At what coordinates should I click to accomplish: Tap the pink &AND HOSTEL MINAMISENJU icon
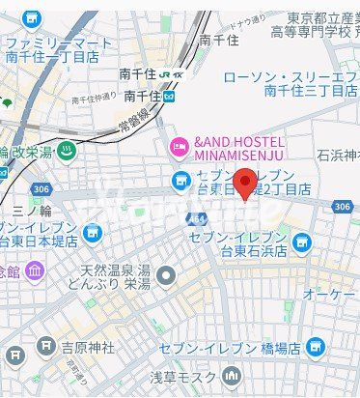(179, 147)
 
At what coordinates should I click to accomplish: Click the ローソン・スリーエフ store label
(290, 76)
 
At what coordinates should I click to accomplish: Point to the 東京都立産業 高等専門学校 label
(321, 25)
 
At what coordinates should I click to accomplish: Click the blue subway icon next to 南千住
(170, 97)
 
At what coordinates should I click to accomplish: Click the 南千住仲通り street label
(94, 99)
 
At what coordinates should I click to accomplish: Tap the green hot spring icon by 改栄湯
(67, 150)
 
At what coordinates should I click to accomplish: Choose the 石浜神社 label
(338, 155)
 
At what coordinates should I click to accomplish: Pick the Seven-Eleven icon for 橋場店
(314, 346)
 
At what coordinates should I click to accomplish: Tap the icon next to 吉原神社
(46, 345)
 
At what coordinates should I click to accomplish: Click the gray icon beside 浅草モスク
(230, 375)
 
